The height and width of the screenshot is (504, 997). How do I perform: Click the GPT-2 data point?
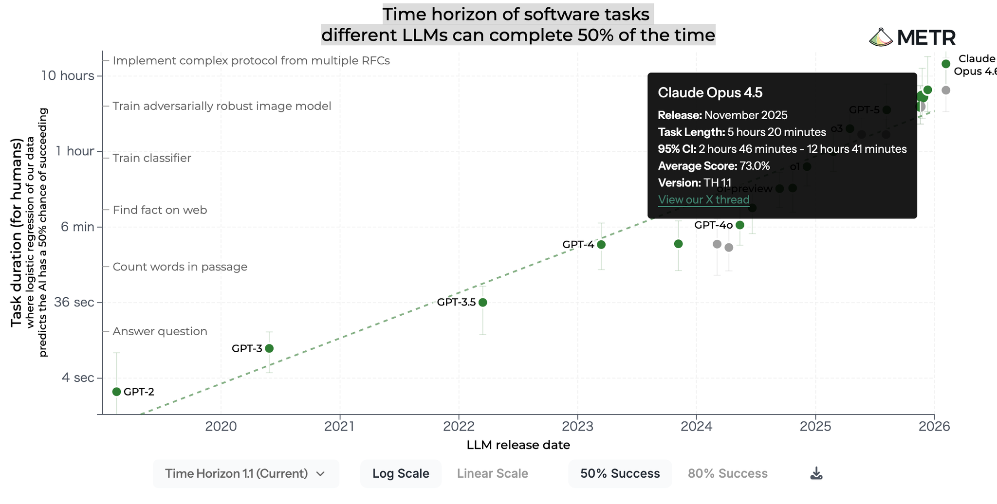(x=116, y=392)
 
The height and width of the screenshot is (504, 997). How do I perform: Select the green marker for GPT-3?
(x=269, y=348)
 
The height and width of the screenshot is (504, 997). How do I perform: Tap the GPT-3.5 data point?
(x=483, y=302)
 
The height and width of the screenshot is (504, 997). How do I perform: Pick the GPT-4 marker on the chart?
(x=601, y=244)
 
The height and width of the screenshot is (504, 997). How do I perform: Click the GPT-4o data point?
(x=740, y=225)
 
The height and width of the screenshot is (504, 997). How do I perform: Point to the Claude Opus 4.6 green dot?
(x=946, y=64)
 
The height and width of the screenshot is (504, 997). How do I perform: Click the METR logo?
(x=912, y=37)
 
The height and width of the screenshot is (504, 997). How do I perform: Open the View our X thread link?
(x=703, y=199)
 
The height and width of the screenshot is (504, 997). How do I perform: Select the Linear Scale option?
(x=492, y=473)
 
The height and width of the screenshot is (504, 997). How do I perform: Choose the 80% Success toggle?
(x=727, y=473)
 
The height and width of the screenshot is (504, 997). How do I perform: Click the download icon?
(x=816, y=473)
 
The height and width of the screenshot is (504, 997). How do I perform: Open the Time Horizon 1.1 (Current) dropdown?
(x=245, y=473)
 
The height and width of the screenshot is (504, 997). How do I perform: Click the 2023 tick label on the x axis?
(x=577, y=427)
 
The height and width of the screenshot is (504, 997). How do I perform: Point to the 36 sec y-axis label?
(x=74, y=302)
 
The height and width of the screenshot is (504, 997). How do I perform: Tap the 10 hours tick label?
(x=67, y=75)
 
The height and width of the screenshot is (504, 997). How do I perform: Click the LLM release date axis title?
(x=518, y=445)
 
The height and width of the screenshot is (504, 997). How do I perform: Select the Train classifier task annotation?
(x=152, y=158)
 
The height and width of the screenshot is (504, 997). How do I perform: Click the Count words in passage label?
(x=180, y=267)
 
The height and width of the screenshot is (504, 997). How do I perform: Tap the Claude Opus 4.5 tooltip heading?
(x=710, y=92)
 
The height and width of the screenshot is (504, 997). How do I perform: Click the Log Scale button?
(x=401, y=473)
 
